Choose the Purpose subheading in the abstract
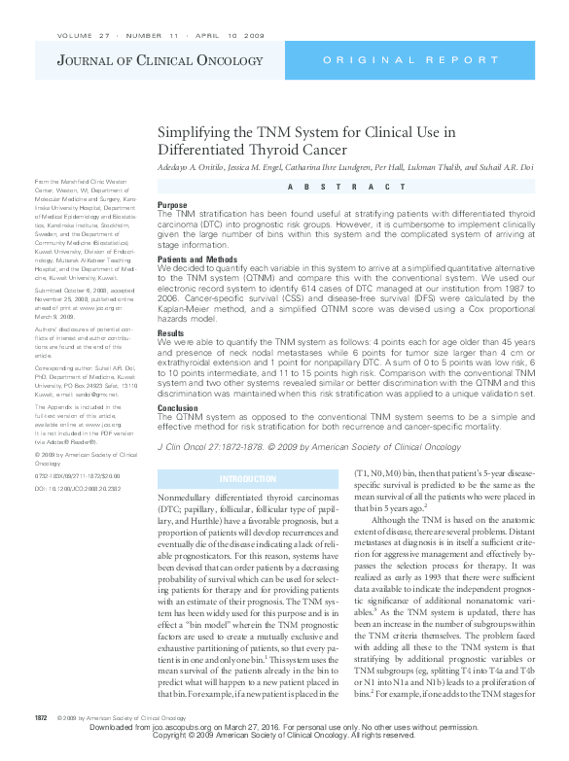coord(172,205)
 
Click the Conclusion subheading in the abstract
coord(178,408)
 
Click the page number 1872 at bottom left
coord(41,744)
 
